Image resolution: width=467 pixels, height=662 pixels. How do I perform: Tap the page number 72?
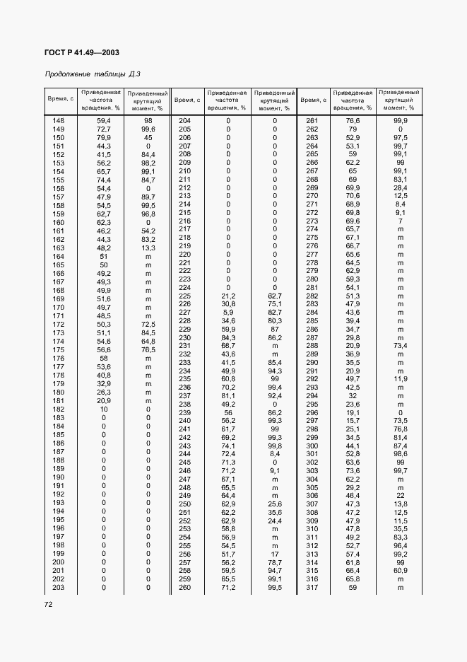pyautogui.click(x=49, y=605)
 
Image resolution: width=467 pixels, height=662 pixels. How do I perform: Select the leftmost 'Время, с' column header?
pyautogui.click(x=59, y=100)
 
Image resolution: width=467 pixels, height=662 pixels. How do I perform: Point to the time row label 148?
pyautogui.click(x=59, y=121)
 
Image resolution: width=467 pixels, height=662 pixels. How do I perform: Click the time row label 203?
pyautogui.click(x=59, y=588)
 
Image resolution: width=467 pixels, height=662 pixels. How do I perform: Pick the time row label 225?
pyautogui.click(x=185, y=296)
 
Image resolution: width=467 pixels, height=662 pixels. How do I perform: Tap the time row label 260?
pyautogui.click(x=185, y=588)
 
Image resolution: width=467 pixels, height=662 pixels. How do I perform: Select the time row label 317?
pyautogui.click(x=312, y=588)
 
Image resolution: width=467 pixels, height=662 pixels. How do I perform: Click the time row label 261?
pyautogui.click(x=312, y=121)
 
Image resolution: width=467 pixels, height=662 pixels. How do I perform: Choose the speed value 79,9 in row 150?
pyautogui.click(x=104, y=138)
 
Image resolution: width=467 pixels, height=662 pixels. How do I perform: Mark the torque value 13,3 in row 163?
pyautogui.click(x=148, y=248)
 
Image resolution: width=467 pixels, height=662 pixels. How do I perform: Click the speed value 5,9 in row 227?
pyautogui.click(x=228, y=313)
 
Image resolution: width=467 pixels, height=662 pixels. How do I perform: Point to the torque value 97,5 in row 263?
pyautogui.click(x=400, y=138)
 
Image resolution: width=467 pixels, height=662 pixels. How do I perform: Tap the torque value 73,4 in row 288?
pyautogui.click(x=400, y=346)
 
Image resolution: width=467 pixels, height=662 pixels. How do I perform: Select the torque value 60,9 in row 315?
pyautogui.click(x=400, y=571)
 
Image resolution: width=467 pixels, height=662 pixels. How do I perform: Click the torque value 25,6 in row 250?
pyautogui.click(x=275, y=504)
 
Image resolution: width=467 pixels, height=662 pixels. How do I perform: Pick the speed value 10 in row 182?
pyautogui.click(x=104, y=410)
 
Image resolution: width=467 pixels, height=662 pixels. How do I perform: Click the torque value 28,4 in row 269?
pyautogui.click(x=400, y=187)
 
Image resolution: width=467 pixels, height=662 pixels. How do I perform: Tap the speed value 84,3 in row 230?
pyautogui.click(x=228, y=337)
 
